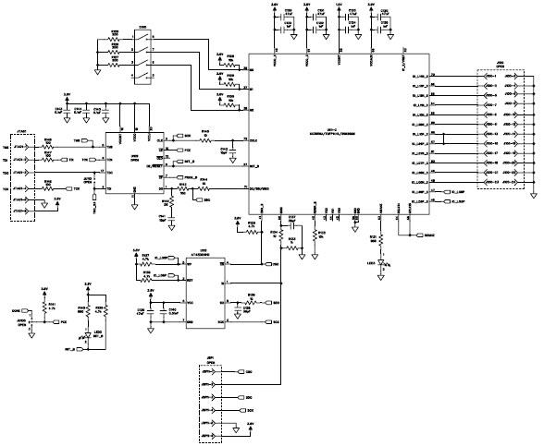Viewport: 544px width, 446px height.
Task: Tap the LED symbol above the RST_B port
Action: [90, 337]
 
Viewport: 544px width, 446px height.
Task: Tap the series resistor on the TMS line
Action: [48, 143]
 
